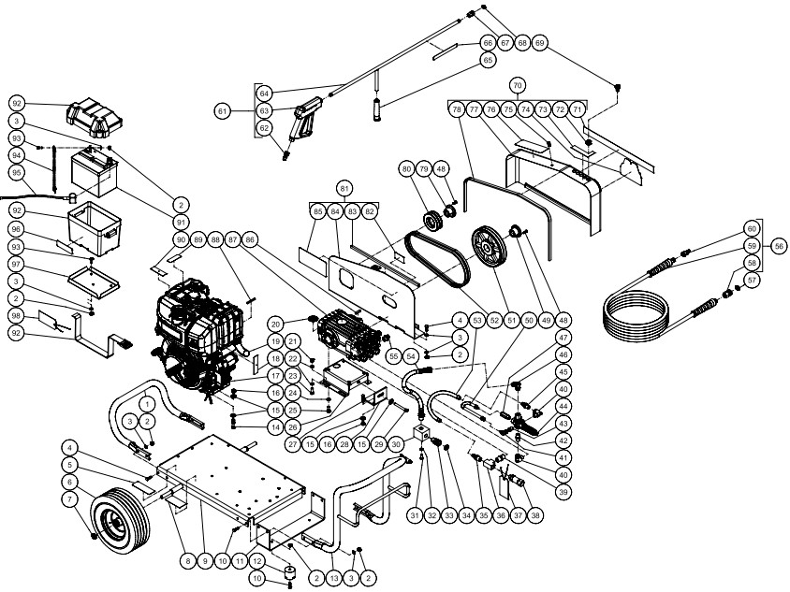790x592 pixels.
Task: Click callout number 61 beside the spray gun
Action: coord(223,111)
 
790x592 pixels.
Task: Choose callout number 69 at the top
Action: coord(539,44)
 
